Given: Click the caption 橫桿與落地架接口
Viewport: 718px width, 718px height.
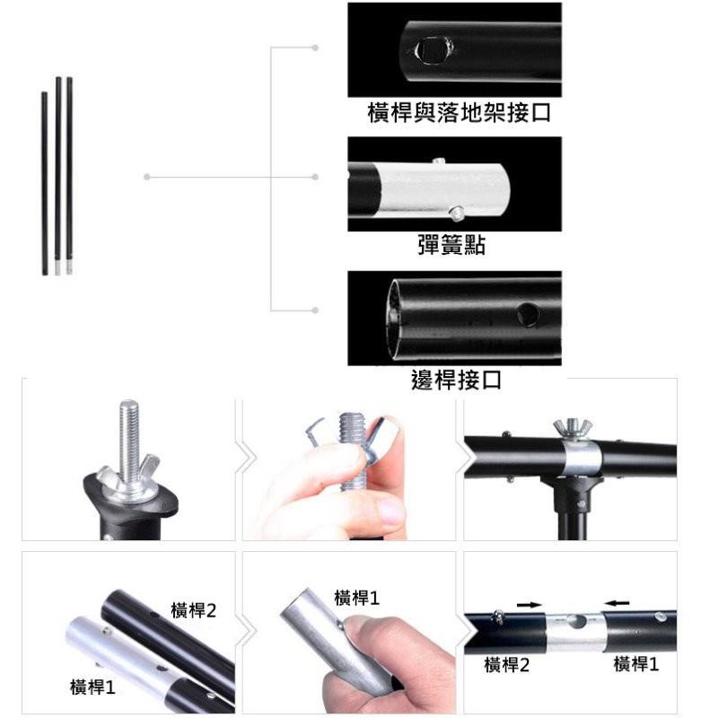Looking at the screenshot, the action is (x=459, y=113).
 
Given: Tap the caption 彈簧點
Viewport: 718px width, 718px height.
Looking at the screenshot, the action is (x=451, y=245).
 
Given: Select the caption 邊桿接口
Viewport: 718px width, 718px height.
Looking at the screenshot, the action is (x=456, y=380).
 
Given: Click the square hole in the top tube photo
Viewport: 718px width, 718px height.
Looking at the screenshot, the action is (x=433, y=51).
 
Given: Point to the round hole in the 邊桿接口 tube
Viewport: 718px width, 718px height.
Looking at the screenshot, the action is (x=528, y=314).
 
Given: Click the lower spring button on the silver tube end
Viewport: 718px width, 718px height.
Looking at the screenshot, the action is (x=457, y=213).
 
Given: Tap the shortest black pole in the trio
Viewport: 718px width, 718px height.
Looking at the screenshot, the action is (x=44, y=184).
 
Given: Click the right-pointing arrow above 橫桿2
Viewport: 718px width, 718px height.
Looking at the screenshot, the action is (x=530, y=605).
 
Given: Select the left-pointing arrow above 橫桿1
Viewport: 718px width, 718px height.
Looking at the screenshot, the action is (x=617, y=603).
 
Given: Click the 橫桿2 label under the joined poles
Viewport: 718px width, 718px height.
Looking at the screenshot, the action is (x=507, y=665).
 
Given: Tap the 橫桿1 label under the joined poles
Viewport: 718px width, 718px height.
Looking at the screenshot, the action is (x=636, y=663).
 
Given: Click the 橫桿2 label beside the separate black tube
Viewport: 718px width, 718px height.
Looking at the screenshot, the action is (x=193, y=610).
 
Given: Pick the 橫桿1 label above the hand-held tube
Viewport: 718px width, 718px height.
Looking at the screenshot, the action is (x=356, y=598).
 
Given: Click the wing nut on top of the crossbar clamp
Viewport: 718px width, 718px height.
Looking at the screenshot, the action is (x=573, y=428).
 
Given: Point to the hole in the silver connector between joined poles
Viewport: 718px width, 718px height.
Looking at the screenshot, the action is (x=576, y=621).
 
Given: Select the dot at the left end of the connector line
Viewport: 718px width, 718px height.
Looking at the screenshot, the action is (x=146, y=177).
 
